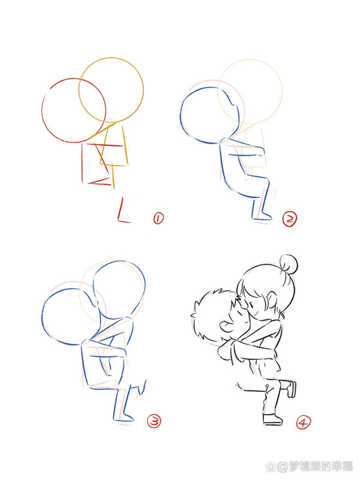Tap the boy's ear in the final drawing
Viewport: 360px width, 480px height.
(x=225, y=328)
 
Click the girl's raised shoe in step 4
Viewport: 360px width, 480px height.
(x=292, y=388)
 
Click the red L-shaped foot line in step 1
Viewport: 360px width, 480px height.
(x=123, y=212)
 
